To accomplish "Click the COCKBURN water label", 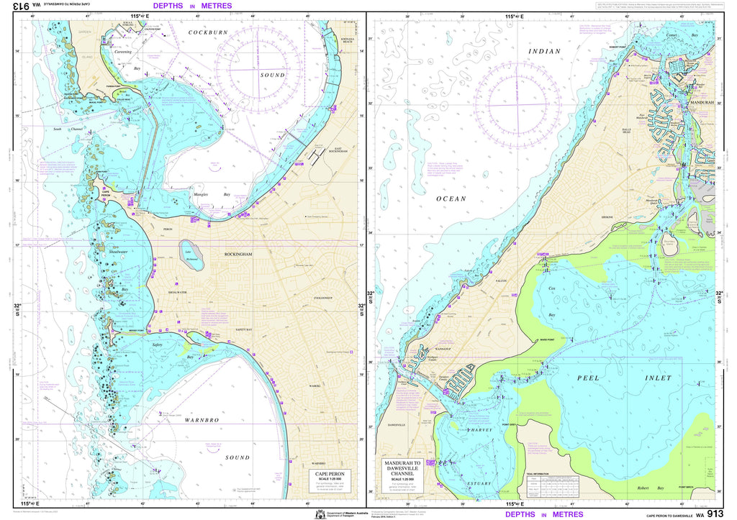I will tap(209, 32).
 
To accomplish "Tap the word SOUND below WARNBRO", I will tap(237, 457).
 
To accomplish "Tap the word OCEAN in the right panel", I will tap(451, 199).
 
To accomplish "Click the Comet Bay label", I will tap(679, 35).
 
